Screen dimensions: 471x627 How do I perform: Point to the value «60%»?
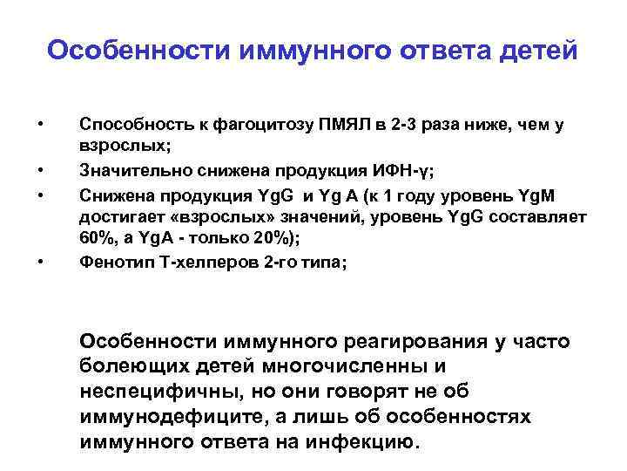point(96,237)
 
